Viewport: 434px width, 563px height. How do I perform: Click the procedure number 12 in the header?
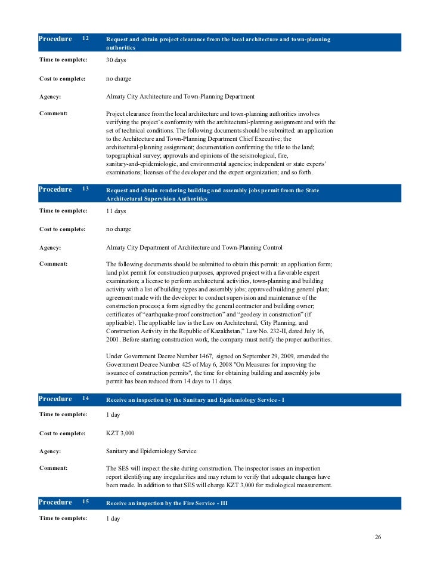(x=85, y=39)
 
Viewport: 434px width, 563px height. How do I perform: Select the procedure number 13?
(x=85, y=189)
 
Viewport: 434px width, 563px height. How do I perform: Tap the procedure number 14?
(x=85, y=399)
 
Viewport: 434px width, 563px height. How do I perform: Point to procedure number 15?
(x=85, y=502)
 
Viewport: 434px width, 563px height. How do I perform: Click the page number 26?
(x=377, y=537)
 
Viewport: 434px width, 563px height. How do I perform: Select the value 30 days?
(x=116, y=60)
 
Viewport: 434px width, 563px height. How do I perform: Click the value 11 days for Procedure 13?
(x=116, y=211)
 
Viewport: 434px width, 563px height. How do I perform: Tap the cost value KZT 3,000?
(x=120, y=433)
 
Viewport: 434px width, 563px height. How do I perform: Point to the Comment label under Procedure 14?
(x=53, y=468)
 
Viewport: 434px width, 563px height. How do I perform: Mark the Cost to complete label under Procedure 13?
(x=63, y=229)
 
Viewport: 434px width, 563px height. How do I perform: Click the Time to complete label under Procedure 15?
(x=63, y=518)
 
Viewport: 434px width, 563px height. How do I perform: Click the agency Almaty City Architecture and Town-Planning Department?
(x=180, y=96)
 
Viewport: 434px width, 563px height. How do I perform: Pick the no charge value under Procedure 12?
(x=119, y=78)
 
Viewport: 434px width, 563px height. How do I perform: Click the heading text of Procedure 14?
(x=195, y=399)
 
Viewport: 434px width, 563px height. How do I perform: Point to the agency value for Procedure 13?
(x=194, y=247)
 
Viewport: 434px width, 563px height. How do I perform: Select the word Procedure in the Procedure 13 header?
(x=55, y=189)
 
